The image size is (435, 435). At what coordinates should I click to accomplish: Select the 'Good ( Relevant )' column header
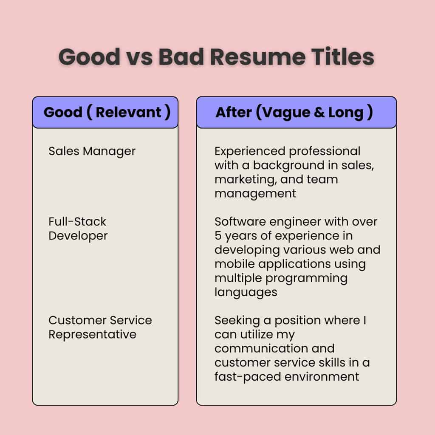107,113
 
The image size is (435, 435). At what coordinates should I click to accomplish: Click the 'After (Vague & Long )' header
294,113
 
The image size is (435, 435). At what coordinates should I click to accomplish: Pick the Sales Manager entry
92,151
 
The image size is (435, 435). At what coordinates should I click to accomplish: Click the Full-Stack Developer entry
78,229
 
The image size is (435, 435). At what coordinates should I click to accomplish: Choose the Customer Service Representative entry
100,327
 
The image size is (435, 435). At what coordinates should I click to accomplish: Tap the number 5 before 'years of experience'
218,236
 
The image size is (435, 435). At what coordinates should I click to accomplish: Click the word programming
306,278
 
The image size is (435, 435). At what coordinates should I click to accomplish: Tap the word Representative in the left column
92,334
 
